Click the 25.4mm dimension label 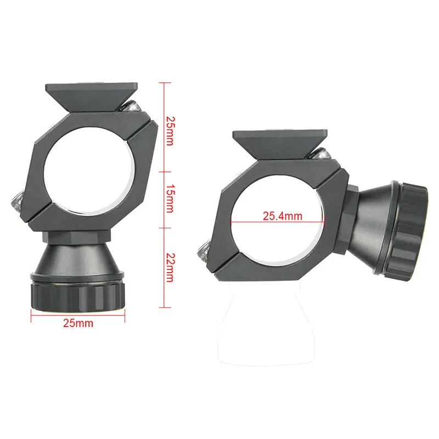point(282,216)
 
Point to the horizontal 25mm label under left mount point(78,323)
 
